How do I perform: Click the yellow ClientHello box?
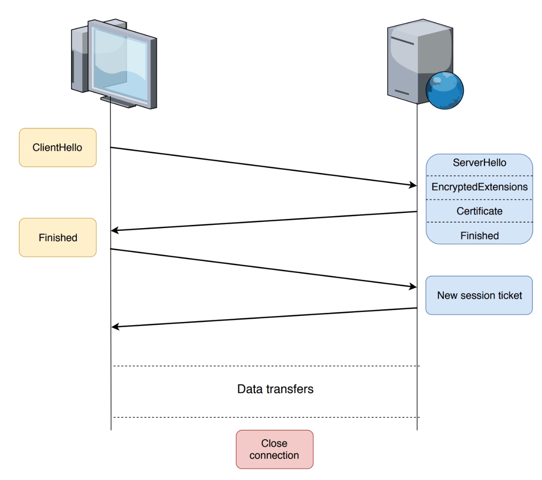[x=58, y=147]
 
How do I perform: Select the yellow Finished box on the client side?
[x=58, y=237]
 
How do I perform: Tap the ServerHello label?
[x=479, y=163]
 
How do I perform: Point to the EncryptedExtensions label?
[x=479, y=187]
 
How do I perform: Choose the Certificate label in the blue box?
[x=479, y=211]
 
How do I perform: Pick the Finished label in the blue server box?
[x=479, y=235]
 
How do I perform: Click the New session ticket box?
[x=479, y=295]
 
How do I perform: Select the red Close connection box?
[x=275, y=449]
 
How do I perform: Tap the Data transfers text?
[x=275, y=389]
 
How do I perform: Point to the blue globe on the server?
[x=444, y=90]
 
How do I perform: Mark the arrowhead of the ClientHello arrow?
[x=413, y=185]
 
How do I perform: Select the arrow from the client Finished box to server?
[x=263, y=268]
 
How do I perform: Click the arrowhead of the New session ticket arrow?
[x=115, y=327]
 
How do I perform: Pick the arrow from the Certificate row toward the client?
[x=263, y=221]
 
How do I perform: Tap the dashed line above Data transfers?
[x=266, y=366]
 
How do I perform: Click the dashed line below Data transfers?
[x=266, y=417]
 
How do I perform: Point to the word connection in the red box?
[x=274, y=455]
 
